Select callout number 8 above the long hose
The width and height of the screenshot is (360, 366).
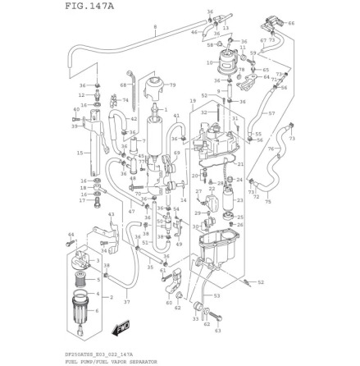pyautogui.click(x=154, y=27)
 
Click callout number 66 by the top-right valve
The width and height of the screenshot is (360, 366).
pyautogui.click(x=290, y=24)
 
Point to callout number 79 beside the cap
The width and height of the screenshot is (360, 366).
pyautogui.click(x=172, y=85)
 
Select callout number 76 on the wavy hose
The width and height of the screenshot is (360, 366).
pyautogui.click(x=270, y=149)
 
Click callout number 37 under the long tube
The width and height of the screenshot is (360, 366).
pyautogui.click(x=126, y=301)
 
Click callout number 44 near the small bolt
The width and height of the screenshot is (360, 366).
pyautogui.click(x=70, y=235)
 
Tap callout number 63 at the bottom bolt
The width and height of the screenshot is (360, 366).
pyautogui.click(x=217, y=331)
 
